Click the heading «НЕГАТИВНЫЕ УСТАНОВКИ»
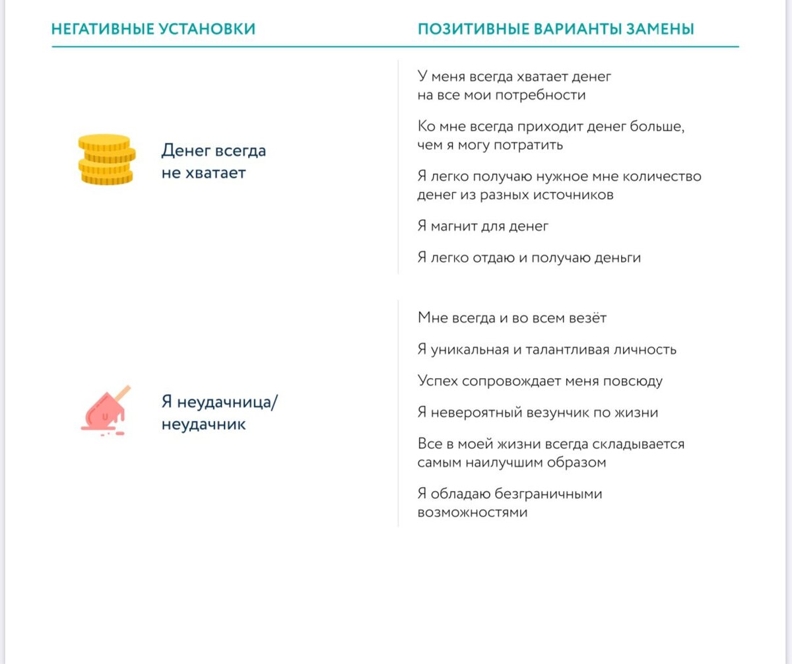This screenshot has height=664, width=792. click(153, 29)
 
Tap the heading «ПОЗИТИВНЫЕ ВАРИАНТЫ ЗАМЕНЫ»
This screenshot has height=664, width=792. click(556, 29)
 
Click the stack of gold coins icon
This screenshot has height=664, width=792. click(106, 159)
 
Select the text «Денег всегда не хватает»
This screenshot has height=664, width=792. click(214, 162)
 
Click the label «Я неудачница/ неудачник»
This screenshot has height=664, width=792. click(220, 413)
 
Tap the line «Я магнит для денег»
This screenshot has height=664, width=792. click(483, 226)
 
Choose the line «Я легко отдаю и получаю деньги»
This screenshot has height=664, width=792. click(529, 257)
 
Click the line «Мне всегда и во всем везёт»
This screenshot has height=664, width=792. click(511, 317)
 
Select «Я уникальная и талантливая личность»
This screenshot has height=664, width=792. click(546, 349)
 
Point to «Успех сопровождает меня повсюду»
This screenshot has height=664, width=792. click(540, 381)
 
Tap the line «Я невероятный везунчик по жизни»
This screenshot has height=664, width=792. click(537, 413)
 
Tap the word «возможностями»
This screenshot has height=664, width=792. click(473, 512)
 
